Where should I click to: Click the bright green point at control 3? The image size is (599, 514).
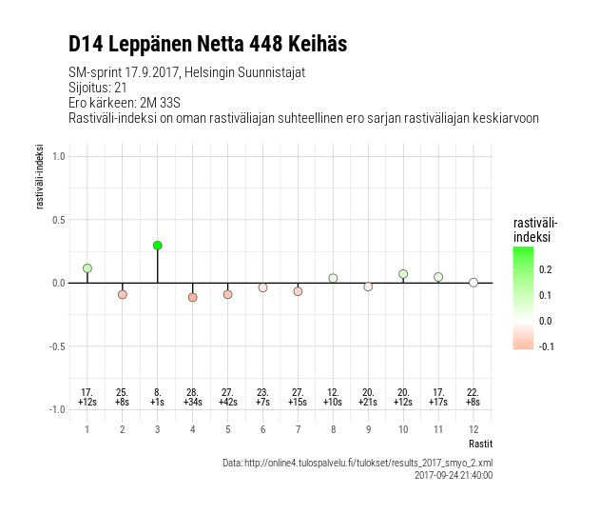[157, 246]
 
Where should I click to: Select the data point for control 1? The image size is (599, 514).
[87, 268]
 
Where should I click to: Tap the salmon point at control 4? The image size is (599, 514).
[192, 297]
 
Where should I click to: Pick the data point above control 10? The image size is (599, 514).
[403, 274]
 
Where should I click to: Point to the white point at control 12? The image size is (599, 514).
[473, 283]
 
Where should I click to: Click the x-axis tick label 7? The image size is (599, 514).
[298, 429]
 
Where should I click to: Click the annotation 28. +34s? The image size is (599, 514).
[192, 397]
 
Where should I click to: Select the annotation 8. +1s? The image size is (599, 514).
[157, 397]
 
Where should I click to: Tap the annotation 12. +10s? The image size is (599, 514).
[333, 397]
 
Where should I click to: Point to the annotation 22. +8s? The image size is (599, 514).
[473, 397]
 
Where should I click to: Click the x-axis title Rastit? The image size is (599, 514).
[480, 444]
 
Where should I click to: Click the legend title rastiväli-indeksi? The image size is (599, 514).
[531, 229]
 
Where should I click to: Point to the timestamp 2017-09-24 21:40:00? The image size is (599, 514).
[454, 474]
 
